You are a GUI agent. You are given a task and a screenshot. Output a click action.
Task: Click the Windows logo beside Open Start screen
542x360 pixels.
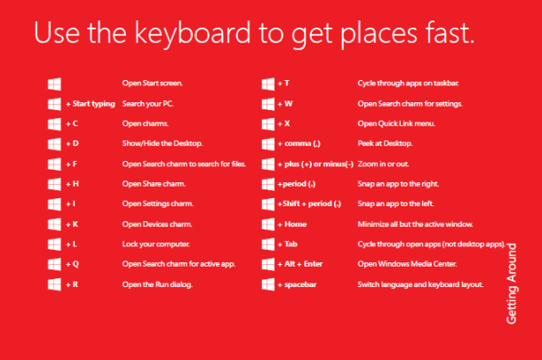pos(53,84)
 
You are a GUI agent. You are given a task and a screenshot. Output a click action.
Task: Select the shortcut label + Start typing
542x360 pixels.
pos(91,103)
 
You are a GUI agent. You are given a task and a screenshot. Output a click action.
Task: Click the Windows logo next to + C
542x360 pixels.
pos(53,124)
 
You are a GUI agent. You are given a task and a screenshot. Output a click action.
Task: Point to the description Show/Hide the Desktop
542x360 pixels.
pos(163,143)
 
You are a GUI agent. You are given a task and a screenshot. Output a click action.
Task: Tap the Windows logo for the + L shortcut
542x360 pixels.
pos(53,244)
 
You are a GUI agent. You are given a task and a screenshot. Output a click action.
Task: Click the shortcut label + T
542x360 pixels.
pos(283,84)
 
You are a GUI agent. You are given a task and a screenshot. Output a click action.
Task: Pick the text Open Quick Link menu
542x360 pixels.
pos(396,124)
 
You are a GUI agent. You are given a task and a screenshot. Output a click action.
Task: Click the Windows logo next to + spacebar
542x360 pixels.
pos(267,284)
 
